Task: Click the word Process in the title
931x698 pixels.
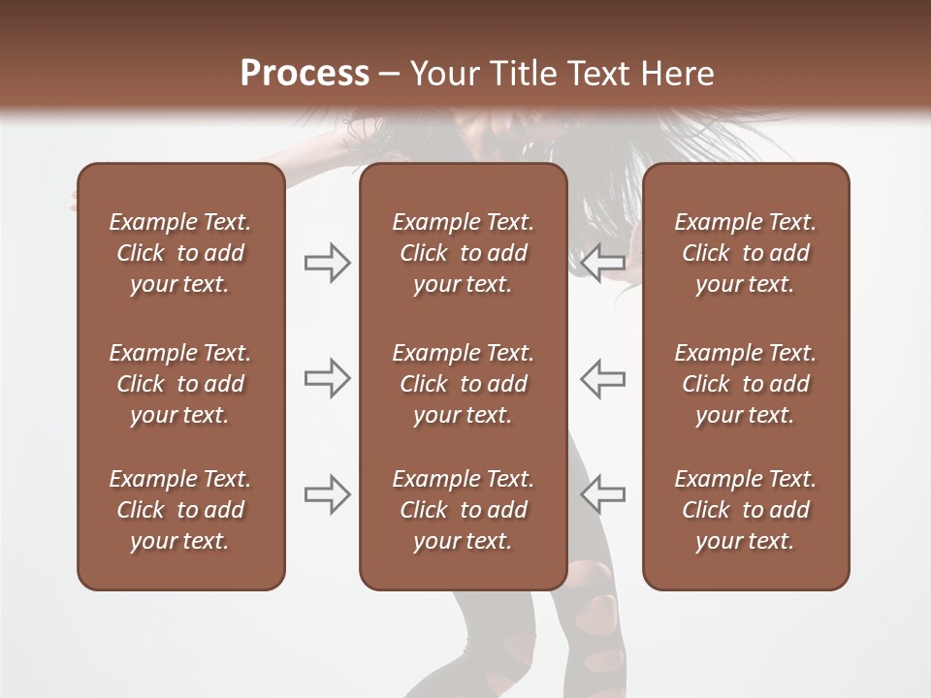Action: pyautogui.click(x=305, y=74)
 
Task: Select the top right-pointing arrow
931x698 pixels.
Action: pyautogui.click(x=328, y=263)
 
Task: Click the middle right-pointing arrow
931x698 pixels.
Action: pyautogui.click(x=328, y=378)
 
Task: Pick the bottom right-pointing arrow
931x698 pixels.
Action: pyautogui.click(x=328, y=493)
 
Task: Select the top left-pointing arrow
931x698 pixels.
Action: pyautogui.click(x=603, y=263)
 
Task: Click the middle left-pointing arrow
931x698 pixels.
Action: pyautogui.click(x=603, y=378)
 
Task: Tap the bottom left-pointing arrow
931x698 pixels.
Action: pyautogui.click(x=603, y=493)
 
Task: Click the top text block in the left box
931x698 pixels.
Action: pyautogui.click(x=180, y=253)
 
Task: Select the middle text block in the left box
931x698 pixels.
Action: pyautogui.click(x=180, y=384)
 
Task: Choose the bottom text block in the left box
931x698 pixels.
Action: pyautogui.click(x=180, y=510)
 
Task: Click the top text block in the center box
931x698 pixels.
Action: pyautogui.click(x=463, y=253)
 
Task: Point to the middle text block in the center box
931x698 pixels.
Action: pyautogui.click(x=463, y=384)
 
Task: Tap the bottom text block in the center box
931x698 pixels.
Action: pyautogui.click(x=463, y=510)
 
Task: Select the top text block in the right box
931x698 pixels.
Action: pyautogui.click(x=745, y=253)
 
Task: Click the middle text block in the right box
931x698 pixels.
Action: pyautogui.click(x=745, y=384)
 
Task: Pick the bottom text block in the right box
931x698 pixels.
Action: pyautogui.click(x=745, y=510)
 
